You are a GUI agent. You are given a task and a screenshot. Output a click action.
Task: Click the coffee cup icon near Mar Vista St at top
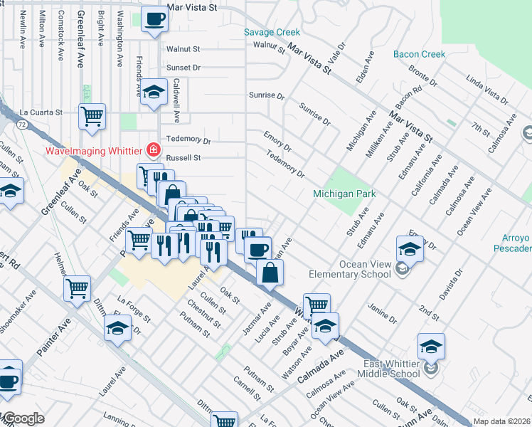click(x=154, y=19)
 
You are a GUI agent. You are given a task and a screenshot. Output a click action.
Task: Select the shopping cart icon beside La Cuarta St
click(x=92, y=115)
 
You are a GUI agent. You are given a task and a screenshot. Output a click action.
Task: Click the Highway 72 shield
click(x=23, y=125)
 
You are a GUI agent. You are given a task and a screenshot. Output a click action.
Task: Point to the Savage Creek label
click(x=272, y=32)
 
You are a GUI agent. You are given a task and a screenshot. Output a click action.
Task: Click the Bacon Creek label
click(x=420, y=54)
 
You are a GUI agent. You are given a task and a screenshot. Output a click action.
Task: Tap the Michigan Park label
click(x=344, y=194)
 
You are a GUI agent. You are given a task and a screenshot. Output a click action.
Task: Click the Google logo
click(x=23, y=418)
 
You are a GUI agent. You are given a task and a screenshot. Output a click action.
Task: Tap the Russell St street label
click(x=183, y=158)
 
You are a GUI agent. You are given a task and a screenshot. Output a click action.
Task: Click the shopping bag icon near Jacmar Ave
click(x=270, y=273)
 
